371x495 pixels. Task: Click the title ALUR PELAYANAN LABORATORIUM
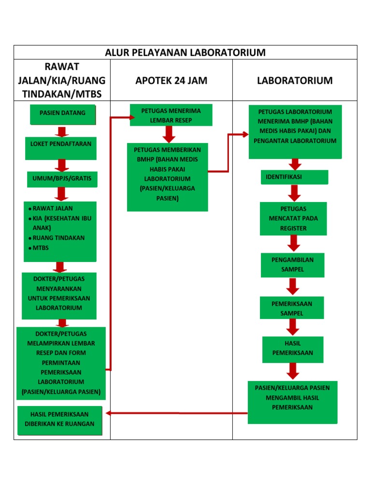185,52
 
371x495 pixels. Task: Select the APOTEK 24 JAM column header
171,81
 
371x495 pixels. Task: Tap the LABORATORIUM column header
295,81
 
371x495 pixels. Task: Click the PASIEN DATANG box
62,114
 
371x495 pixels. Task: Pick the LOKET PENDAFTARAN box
61,148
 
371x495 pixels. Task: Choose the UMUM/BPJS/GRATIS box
61,180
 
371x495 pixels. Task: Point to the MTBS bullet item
41,248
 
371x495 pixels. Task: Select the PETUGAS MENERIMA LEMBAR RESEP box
171,115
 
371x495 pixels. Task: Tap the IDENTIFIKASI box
294,177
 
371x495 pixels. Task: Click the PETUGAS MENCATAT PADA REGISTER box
293,218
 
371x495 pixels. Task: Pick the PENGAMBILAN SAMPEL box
293,265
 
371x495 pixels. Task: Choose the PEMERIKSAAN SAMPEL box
291,308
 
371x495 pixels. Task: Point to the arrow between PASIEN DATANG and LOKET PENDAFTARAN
61,131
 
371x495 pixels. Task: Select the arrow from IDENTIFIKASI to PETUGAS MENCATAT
294,193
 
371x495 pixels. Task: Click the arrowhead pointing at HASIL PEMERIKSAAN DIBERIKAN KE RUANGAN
109,413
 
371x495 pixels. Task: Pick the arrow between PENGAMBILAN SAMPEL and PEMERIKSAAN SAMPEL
292,287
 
